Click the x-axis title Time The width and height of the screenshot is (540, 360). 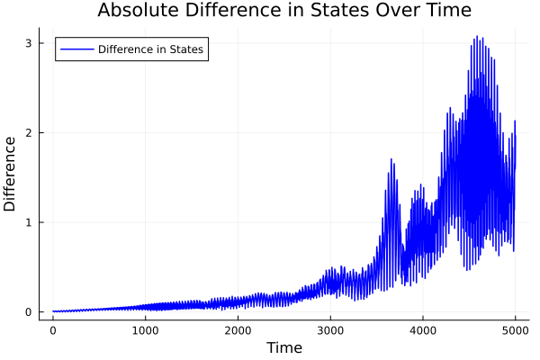coord(283,347)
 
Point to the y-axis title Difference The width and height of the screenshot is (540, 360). coord(11,173)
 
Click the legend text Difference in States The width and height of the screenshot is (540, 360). coord(150,49)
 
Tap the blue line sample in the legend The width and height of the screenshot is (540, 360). coord(76,49)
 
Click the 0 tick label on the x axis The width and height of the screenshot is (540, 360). coord(53,329)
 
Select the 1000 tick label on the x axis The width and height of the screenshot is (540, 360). coord(146,329)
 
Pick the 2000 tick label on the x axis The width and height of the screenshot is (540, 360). coord(238,329)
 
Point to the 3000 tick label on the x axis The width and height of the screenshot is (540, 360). coord(330,329)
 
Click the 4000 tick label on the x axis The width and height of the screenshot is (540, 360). coord(423,329)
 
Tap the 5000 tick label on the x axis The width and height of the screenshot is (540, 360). coord(515,329)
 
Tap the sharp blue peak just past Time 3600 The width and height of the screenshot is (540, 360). coord(391,159)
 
